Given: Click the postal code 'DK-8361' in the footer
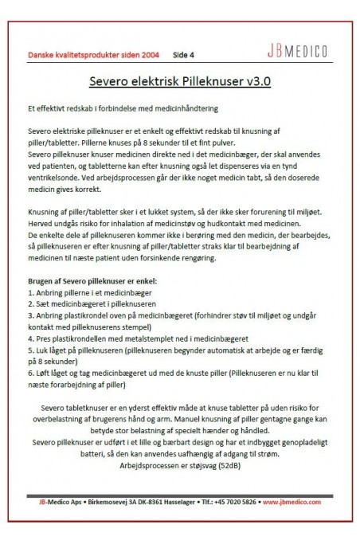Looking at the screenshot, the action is click(x=147, y=502).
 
